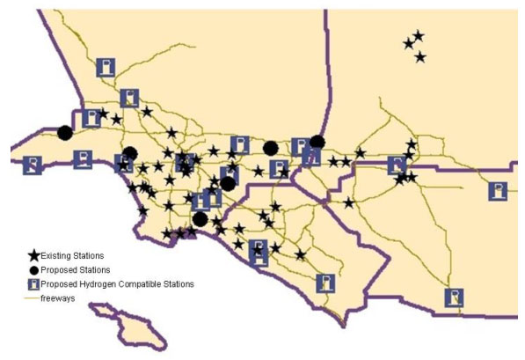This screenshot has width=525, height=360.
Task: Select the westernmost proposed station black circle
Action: pos(64,133)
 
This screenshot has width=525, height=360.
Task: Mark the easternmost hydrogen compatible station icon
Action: pos(498,191)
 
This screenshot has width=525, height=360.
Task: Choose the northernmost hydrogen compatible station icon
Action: pos(106,67)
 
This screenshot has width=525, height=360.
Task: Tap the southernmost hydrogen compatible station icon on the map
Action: pos(454,298)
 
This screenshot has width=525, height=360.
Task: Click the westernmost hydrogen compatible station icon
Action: pos(33,165)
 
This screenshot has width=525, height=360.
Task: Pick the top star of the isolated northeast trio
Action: pos(418,36)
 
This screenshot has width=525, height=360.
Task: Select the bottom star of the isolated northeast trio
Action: pos(419,57)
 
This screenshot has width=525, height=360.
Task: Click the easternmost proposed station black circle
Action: pos(317,141)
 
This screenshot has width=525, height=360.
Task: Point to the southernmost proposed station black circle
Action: pos(201,218)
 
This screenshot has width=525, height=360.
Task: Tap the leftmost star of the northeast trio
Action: pos(408,44)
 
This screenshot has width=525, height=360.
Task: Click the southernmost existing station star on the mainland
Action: pos(301,255)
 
